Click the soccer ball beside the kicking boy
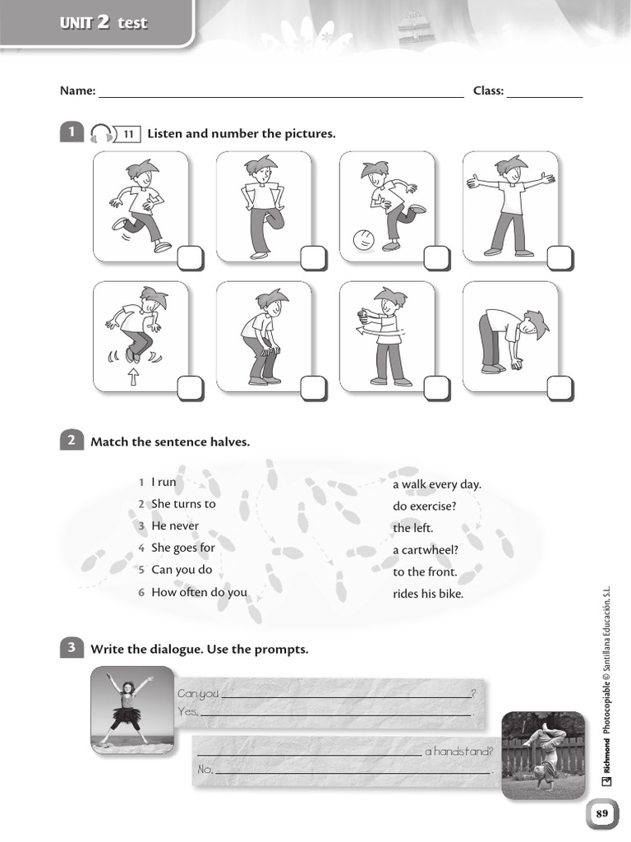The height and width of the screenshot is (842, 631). (x=362, y=240)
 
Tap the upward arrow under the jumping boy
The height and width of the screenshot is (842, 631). (x=133, y=377)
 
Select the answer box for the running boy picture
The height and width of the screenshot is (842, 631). (x=189, y=258)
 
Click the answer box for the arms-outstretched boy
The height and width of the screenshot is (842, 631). (x=560, y=258)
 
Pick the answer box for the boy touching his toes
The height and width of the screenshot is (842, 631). (x=560, y=388)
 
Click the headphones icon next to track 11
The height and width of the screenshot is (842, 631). (x=100, y=134)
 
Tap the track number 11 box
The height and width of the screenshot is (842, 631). (x=129, y=134)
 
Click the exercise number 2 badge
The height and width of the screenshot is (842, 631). (x=71, y=441)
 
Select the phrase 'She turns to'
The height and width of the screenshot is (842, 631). (x=182, y=504)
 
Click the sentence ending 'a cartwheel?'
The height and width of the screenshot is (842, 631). (x=425, y=550)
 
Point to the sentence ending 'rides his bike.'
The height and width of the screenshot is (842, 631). (x=428, y=594)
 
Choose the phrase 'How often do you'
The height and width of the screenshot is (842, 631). (x=199, y=592)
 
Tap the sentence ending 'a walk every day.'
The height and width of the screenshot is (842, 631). (x=436, y=484)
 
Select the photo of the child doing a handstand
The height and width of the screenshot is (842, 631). (x=537, y=754)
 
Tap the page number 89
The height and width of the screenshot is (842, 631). (x=601, y=813)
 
